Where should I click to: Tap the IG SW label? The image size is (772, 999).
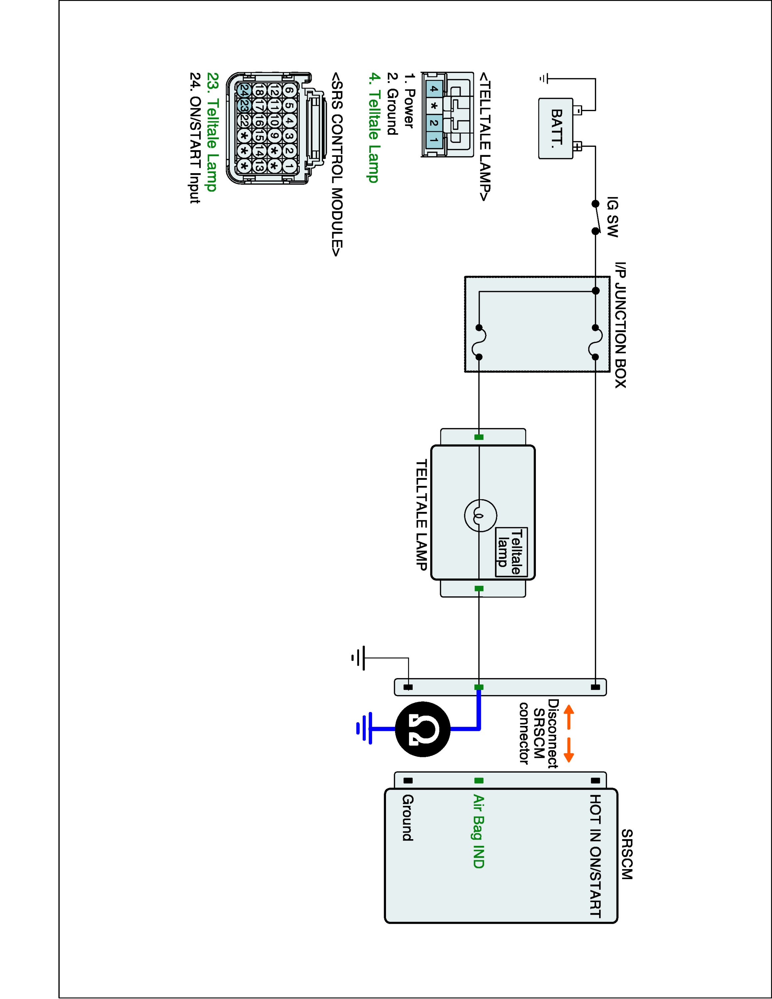click(x=612, y=217)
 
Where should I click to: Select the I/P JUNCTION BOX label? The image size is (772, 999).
click(x=620, y=325)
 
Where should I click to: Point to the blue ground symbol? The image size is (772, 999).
click(x=364, y=729)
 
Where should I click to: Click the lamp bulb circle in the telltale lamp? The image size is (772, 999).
click(x=480, y=516)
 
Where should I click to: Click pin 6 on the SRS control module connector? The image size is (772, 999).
click(x=289, y=91)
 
